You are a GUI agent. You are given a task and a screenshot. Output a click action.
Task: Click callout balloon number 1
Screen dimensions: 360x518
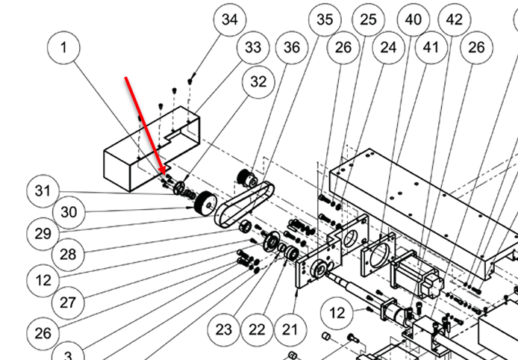pyautogui.click(x=64, y=48)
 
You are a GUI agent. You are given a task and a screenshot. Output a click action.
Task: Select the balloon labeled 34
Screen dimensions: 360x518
pyautogui.click(x=229, y=19)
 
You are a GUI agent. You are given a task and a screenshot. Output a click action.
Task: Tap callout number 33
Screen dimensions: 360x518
pyautogui.click(x=254, y=48)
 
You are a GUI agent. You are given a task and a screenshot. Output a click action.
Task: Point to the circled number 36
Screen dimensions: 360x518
pyautogui.click(x=292, y=48)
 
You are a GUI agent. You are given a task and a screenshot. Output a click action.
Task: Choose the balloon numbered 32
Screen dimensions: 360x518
pyautogui.click(x=258, y=83)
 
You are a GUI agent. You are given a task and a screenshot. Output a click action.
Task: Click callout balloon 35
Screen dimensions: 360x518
pyautogui.click(x=325, y=19)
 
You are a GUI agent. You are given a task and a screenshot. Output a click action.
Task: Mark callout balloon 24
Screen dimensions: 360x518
pyautogui.click(x=387, y=48)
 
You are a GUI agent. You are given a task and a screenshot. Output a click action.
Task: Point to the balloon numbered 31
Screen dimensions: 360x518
pyautogui.click(x=43, y=191)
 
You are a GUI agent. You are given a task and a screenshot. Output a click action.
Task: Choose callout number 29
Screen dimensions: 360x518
pyautogui.click(x=43, y=233)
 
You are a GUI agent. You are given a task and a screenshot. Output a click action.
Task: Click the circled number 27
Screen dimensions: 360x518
pyautogui.click(x=68, y=302)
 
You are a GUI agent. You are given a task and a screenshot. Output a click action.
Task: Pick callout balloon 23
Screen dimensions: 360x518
pyautogui.click(x=225, y=329)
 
